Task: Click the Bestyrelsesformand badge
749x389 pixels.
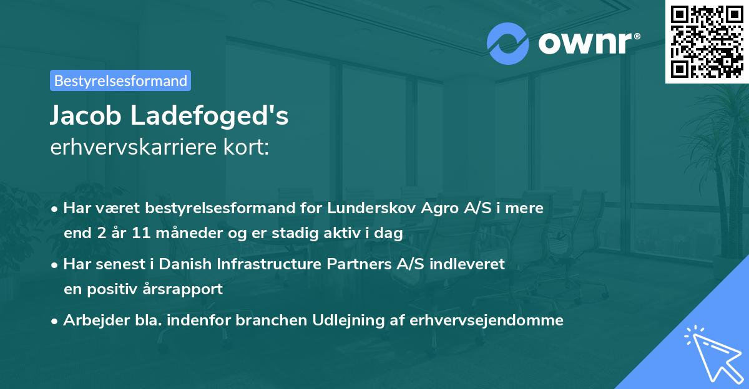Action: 120,80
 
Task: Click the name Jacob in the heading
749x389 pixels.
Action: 82,116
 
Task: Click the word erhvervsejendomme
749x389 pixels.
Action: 487,320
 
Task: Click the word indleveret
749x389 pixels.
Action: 468,264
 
